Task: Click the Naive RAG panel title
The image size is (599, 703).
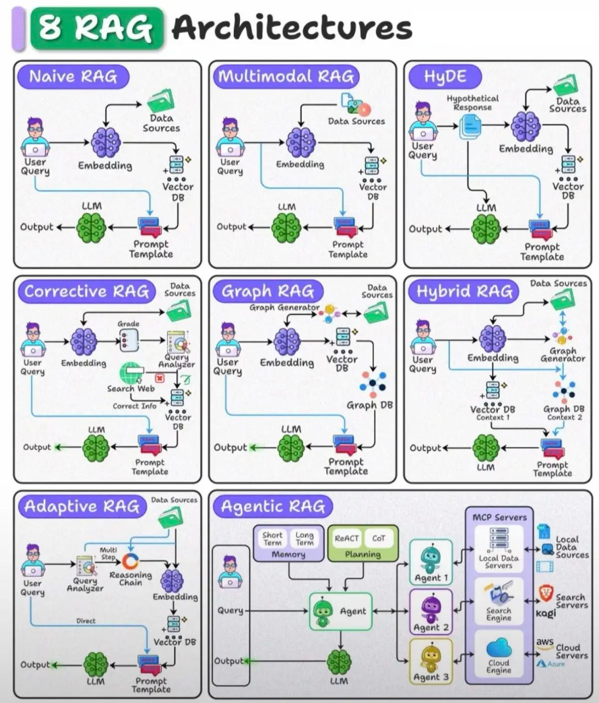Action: click(73, 76)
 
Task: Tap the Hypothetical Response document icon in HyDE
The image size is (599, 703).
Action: click(470, 127)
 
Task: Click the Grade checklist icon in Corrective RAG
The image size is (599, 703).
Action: click(129, 340)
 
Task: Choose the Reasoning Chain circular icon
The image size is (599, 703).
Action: click(131, 561)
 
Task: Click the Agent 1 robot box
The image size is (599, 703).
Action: click(431, 562)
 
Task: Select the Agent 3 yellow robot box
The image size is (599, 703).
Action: click(431, 661)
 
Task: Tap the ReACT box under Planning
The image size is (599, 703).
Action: click(346, 539)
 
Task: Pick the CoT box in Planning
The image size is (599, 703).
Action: click(379, 539)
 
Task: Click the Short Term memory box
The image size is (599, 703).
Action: click(272, 539)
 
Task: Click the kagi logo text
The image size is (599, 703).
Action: click(546, 613)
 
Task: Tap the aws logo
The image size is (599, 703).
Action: click(544, 643)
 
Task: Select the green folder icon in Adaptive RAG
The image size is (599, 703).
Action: click(171, 518)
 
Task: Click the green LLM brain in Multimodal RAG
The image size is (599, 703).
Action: click(286, 228)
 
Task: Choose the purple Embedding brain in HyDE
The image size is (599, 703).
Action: click(526, 126)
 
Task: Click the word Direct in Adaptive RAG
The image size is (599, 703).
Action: click(86, 621)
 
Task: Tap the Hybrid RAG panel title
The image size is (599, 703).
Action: click(464, 292)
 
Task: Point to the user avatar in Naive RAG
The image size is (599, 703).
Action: click(35, 137)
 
